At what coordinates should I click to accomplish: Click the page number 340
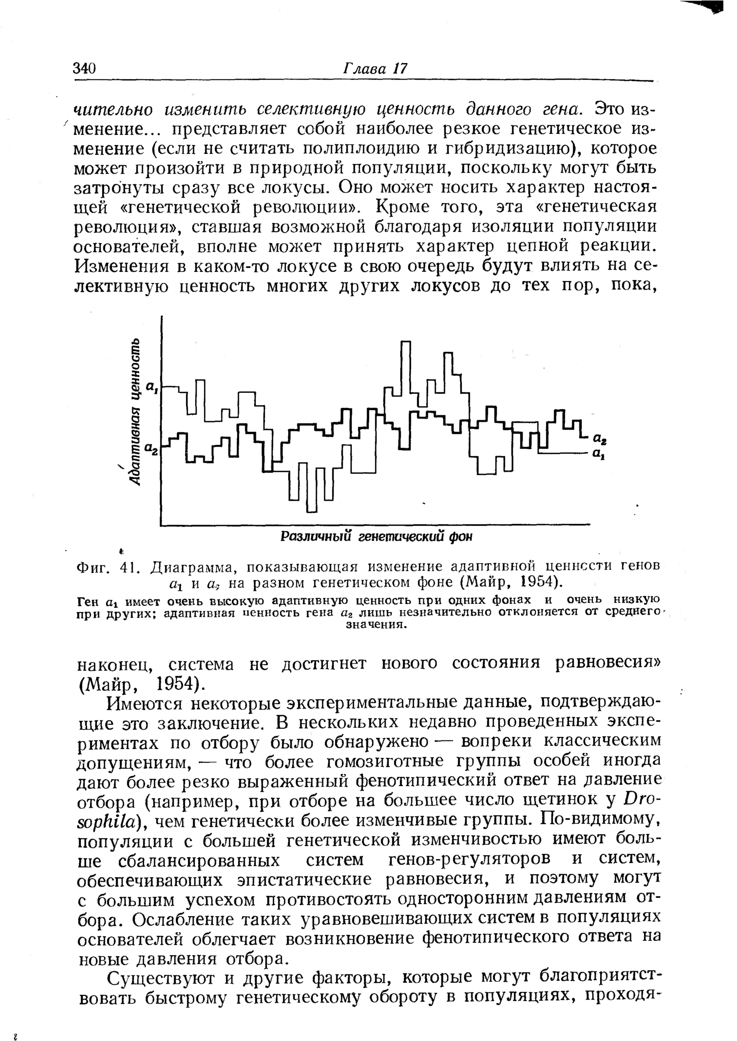pos(85,68)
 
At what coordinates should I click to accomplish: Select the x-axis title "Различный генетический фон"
pos(376,536)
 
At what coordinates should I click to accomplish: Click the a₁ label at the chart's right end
pos(598,454)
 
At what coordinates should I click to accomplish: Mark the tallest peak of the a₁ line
pos(405,342)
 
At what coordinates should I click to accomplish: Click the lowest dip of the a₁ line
pos(312,510)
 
